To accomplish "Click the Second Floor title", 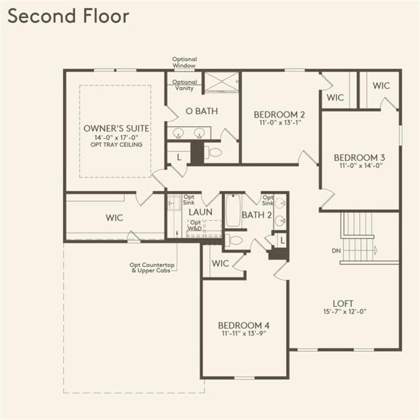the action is point(68,16).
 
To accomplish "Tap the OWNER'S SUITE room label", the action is point(117,129).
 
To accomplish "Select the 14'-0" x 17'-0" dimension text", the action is point(116,138).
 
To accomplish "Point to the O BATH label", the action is point(201,111).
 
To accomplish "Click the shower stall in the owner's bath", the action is point(221,82).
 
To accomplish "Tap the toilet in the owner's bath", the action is point(213,152).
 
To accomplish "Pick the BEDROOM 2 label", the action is point(279,115).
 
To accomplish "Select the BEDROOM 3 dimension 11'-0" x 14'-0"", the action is point(361,165).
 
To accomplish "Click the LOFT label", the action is point(343,303).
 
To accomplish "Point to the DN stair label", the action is point(336,251).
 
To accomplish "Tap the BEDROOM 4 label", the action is point(243,325).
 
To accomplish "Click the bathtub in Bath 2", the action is point(234,211).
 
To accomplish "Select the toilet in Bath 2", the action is point(234,240).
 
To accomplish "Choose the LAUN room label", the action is point(200,212).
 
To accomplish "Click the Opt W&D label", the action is point(195,226).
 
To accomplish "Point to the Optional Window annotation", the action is point(184,62).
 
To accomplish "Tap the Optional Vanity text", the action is point(184,85).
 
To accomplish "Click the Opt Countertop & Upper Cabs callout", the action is point(152,268).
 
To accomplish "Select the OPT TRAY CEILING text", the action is point(116,144).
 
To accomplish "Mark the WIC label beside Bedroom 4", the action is point(220,263).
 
